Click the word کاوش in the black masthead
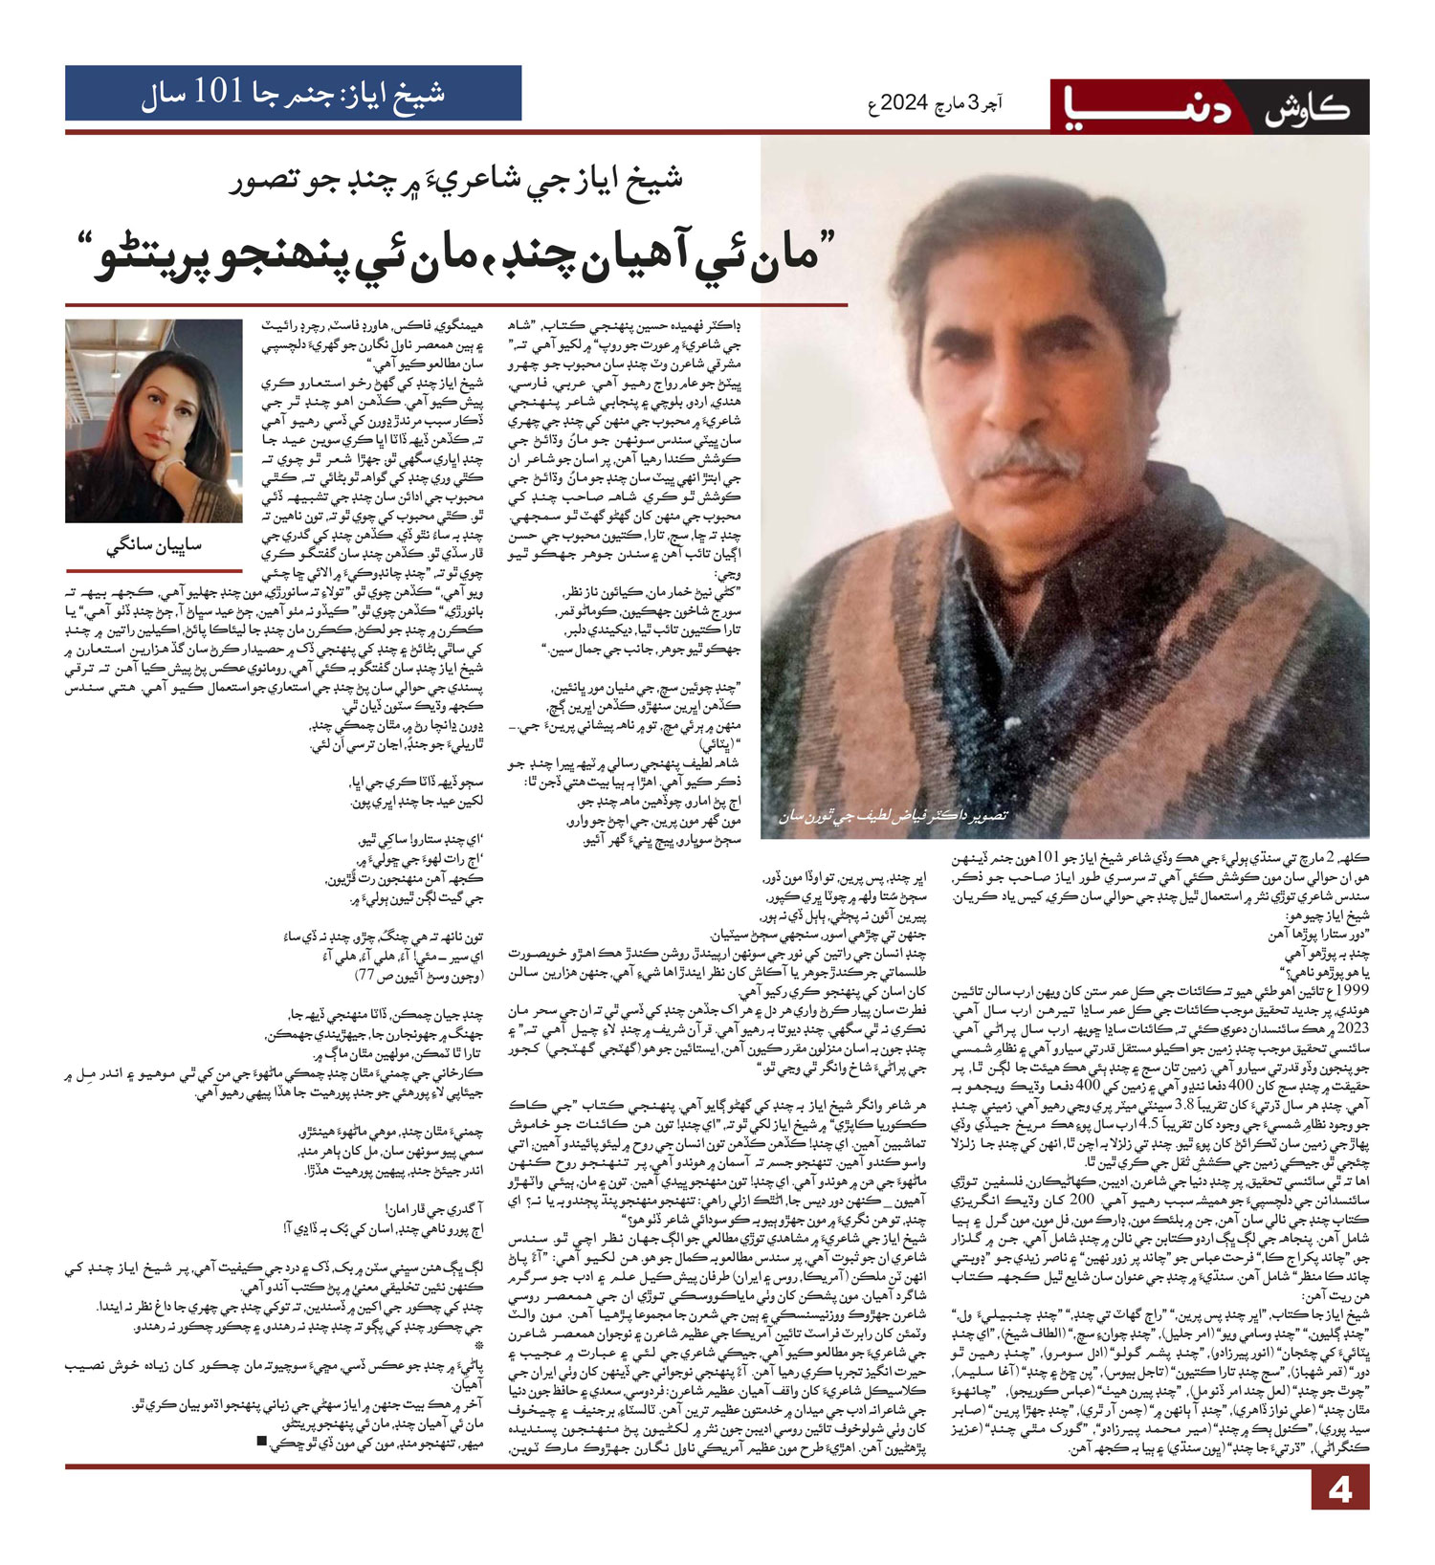[1307, 108]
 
